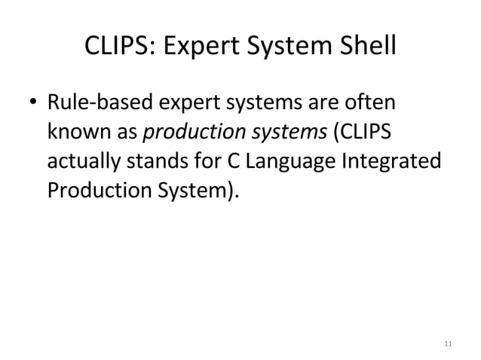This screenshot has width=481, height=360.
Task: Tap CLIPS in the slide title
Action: pyautogui.click(x=115, y=50)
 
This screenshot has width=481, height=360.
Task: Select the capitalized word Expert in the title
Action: pyautogui.click(x=196, y=50)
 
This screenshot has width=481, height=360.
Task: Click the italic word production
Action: pyautogui.click(x=185, y=133)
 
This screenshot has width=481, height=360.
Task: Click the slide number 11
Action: pyautogui.click(x=449, y=343)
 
